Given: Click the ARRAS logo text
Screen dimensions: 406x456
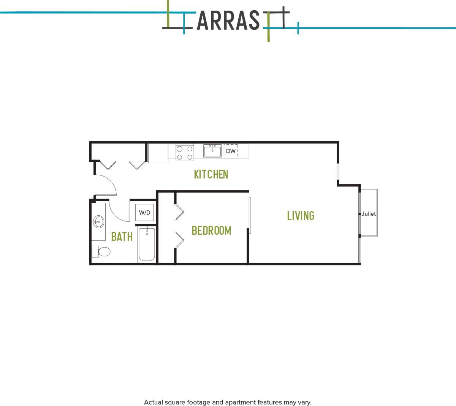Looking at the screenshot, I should tap(228, 21).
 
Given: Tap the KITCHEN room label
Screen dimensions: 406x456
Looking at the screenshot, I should tap(211, 174).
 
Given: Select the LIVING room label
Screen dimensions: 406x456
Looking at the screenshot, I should tap(301, 216).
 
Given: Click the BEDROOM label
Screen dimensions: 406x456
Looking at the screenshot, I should tap(211, 231).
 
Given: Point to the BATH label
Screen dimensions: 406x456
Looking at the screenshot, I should tap(122, 237).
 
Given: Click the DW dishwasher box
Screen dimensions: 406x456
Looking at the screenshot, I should tap(231, 151).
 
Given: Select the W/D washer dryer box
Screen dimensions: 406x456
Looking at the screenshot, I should tap(144, 212).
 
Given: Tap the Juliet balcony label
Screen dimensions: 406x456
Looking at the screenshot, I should tap(368, 214).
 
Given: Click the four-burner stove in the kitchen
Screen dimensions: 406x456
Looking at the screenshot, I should tap(185, 153).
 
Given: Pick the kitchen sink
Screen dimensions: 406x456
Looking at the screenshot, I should tap(212, 151).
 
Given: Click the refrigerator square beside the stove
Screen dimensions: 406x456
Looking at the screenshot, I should tap(158, 153).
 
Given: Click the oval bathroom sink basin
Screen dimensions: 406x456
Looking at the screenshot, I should tap(99, 221).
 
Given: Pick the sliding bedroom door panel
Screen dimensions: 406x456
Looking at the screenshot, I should tap(250, 215).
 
